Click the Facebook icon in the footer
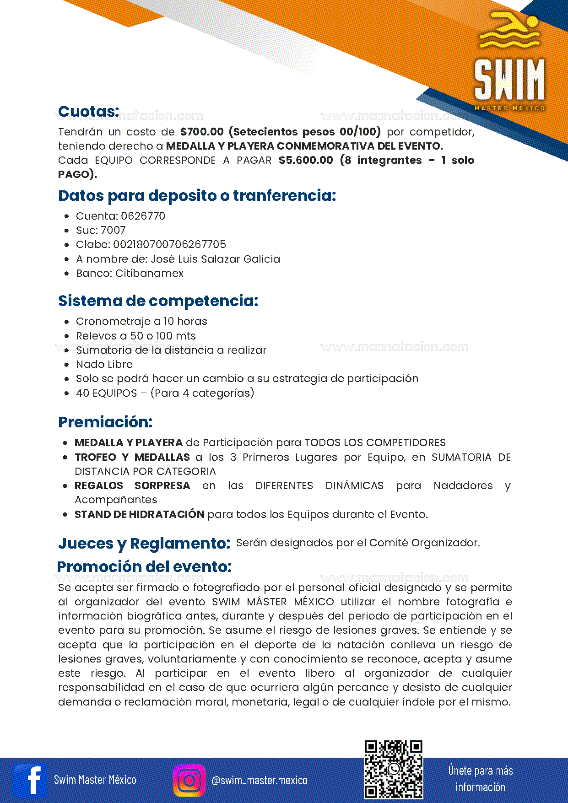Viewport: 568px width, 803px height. point(30,780)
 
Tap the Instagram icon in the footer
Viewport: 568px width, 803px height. point(189,780)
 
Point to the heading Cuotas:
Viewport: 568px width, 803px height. point(89,111)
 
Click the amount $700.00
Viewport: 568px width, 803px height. point(202,132)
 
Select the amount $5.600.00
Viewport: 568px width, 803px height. point(306,160)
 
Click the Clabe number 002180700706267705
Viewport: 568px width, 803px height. point(169,244)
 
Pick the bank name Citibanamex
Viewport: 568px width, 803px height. point(149,273)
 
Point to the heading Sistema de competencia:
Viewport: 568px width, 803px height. point(158,301)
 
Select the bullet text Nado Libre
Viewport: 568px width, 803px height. point(104,364)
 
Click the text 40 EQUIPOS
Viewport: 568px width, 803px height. point(107,393)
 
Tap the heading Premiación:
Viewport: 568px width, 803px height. point(105,422)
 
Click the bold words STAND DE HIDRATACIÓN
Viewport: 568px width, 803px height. point(140,514)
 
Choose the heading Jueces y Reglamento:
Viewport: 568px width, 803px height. point(144,543)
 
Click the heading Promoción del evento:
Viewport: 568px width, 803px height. point(144,566)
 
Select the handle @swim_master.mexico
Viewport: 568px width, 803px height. point(260,780)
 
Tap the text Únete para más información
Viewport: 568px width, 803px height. point(481,779)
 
